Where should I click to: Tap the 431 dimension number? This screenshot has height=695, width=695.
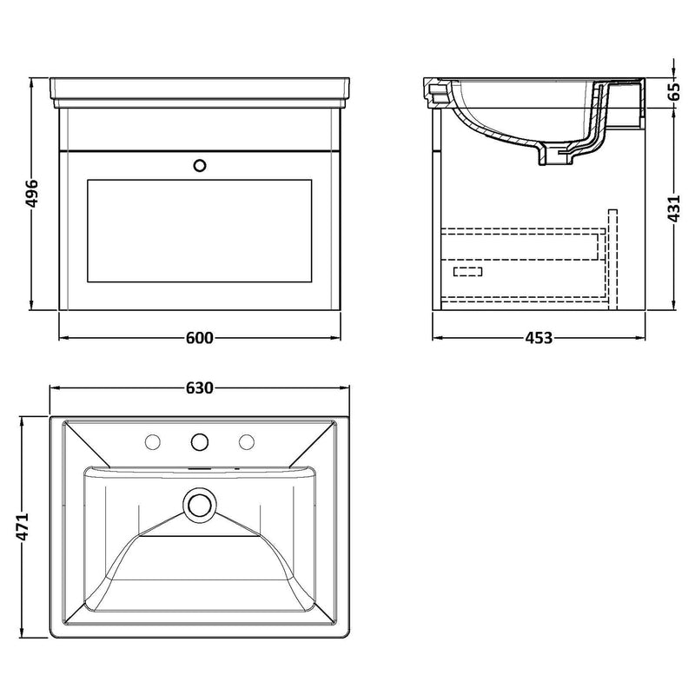coord(675,206)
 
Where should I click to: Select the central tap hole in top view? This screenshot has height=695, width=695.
coord(200,441)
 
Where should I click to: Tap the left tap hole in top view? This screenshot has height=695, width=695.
coord(154,442)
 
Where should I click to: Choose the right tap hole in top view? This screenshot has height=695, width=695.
coord(246,442)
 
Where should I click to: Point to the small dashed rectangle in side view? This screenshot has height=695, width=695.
coord(468,272)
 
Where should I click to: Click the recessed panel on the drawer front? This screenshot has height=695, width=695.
coord(200,230)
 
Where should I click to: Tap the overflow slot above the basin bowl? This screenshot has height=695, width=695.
coord(200,468)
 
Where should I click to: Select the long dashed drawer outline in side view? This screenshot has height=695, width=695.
coord(521,244)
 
